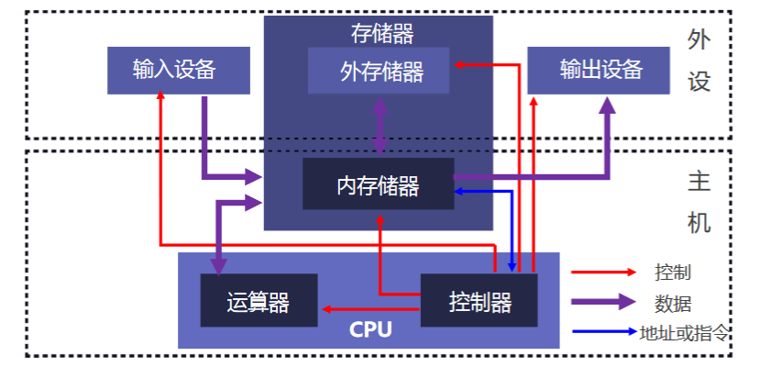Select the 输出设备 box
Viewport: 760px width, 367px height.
point(599,71)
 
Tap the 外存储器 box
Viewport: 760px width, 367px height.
point(379,71)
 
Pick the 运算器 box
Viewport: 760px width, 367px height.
point(259,301)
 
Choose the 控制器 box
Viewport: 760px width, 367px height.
point(479,301)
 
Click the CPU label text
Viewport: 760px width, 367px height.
point(370,329)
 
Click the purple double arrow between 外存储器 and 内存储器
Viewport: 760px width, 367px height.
point(380,126)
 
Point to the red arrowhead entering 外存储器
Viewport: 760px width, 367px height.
point(457,64)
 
